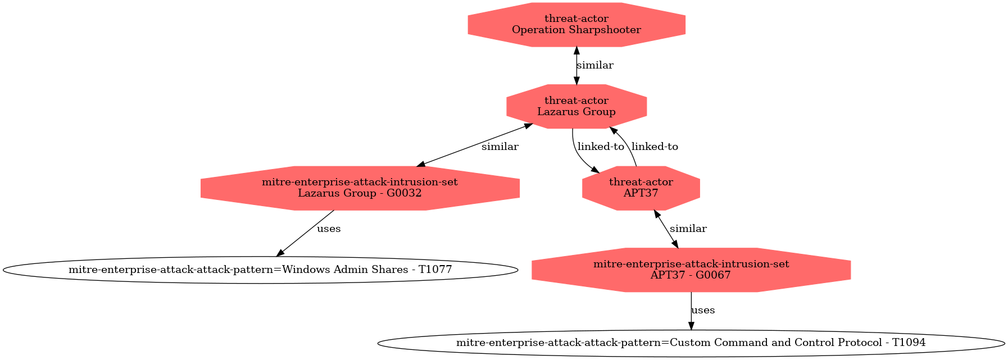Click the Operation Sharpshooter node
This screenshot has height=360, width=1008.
click(576, 24)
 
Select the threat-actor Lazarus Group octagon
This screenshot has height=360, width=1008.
click(576, 106)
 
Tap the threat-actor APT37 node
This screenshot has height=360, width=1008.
click(641, 188)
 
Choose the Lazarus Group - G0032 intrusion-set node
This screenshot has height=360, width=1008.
click(360, 188)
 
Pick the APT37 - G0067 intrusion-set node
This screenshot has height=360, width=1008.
click(691, 270)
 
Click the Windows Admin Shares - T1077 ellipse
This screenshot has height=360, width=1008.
click(260, 270)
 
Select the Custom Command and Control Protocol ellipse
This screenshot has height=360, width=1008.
click(691, 343)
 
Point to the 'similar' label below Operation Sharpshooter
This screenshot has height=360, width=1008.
click(595, 65)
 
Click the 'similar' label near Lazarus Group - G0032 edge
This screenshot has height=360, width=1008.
click(500, 147)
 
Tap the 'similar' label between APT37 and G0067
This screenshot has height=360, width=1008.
click(688, 229)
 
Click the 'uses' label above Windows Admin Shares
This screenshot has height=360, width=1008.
click(329, 229)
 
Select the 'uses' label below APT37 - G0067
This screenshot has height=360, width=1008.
click(703, 310)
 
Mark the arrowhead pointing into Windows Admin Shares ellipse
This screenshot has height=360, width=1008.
click(280, 253)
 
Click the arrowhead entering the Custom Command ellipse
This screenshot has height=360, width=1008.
click(691, 326)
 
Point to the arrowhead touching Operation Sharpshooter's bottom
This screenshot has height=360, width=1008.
click(576, 51)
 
